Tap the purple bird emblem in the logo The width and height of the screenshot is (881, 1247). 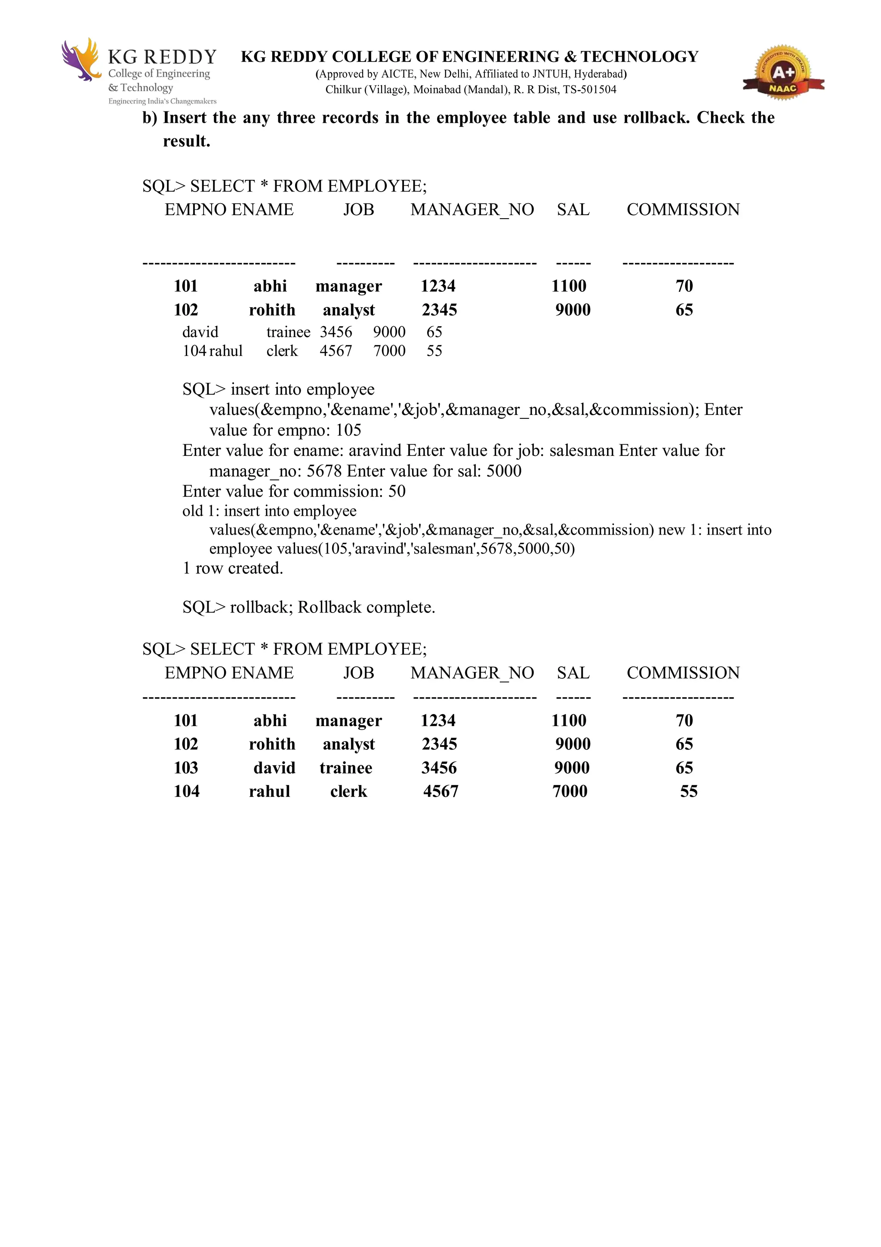tap(80, 60)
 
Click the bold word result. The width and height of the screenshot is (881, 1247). tap(186, 141)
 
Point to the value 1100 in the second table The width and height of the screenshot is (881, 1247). tap(568, 720)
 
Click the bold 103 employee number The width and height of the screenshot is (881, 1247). tap(186, 767)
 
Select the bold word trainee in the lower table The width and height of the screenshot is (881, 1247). tap(346, 767)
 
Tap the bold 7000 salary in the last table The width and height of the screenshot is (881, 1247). tap(570, 791)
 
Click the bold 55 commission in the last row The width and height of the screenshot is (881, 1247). tap(688, 791)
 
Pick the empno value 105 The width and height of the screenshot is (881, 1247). tap(348, 430)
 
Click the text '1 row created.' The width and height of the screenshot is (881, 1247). tap(233, 568)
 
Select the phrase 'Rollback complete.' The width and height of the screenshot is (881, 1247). tap(367, 607)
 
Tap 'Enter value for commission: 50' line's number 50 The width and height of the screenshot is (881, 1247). tap(397, 492)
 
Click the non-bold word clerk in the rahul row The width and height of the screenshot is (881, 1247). tap(282, 351)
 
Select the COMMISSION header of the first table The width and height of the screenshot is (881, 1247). tap(683, 210)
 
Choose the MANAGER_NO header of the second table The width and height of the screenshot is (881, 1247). tap(472, 673)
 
